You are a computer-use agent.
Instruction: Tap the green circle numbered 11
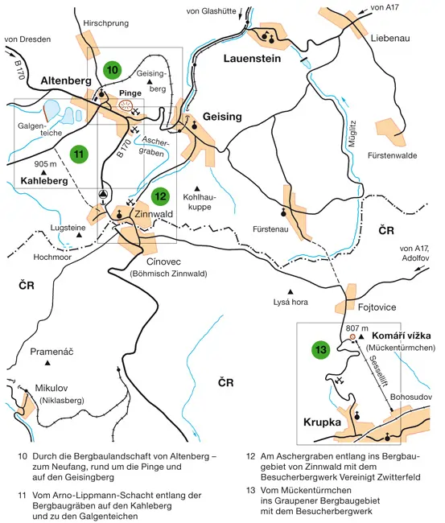[x=78, y=153]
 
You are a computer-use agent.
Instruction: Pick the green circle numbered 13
[x=321, y=350]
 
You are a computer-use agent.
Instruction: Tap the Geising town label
[x=221, y=117]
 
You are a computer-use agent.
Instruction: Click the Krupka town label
[x=323, y=422]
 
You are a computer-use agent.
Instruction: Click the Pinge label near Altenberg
[x=130, y=93]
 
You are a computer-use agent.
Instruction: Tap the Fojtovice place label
[x=379, y=306]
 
